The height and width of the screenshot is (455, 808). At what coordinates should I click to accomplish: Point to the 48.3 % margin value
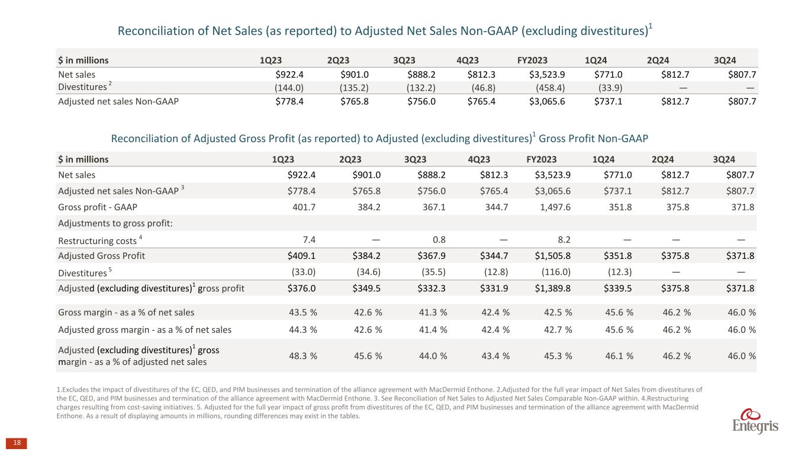coord(302,355)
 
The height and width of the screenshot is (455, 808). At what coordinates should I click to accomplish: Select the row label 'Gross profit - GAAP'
coord(95,208)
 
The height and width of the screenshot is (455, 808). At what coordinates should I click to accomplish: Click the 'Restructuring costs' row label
coord(98,241)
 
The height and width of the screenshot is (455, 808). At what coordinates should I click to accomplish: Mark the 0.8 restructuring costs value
coord(439,240)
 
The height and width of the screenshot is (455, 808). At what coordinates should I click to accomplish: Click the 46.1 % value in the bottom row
coord(619,355)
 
